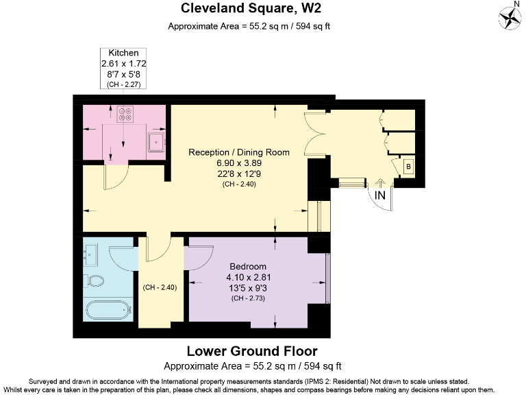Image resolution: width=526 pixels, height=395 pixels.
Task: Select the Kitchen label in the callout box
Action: tap(123, 52)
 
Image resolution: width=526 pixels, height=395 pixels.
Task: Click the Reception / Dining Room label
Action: tap(239, 152)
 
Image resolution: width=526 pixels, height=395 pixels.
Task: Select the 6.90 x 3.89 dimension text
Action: tap(239, 163)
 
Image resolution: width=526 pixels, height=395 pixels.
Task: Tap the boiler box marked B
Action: tap(408, 167)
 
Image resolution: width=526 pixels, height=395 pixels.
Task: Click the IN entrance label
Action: tap(380, 195)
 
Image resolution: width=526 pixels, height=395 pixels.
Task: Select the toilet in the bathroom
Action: tap(95, 280)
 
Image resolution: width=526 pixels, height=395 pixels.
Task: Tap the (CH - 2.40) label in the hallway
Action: tap(160, 287)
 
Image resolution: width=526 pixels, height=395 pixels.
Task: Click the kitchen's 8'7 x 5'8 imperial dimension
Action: tap(123, 73)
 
